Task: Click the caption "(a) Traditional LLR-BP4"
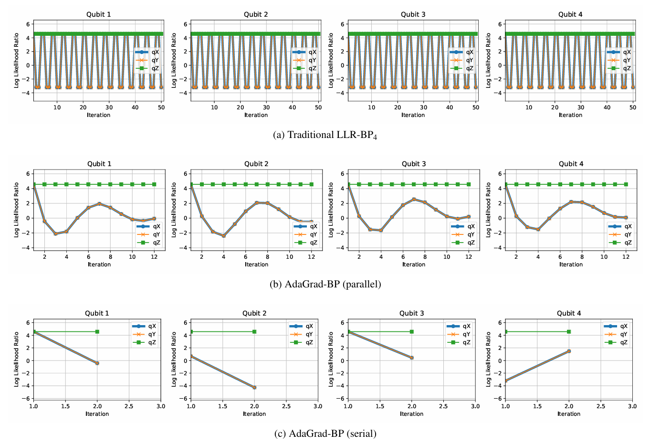tap(325, 135)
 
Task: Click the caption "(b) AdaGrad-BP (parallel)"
tap(325, 285)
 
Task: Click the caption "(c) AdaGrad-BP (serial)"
tap(325, 434)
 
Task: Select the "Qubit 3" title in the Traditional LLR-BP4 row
tap(413, 14)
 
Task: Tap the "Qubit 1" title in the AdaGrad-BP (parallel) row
tap(99, 164)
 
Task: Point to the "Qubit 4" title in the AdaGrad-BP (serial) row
tap(569, 313)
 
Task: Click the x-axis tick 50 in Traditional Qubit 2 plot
tap(318, 107)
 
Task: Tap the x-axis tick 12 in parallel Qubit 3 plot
tap(469, 257)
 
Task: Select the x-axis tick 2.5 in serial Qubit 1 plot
tap(129, 406)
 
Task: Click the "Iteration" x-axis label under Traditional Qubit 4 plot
tap(570, 115)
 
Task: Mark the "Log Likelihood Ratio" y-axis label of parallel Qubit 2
tap(174, 210)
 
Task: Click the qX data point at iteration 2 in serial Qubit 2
tap(254, 387)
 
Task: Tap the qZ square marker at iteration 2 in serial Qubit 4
tap(568, 331)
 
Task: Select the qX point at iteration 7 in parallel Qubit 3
tap(414, 199)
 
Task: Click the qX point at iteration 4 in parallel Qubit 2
tap(223, 236)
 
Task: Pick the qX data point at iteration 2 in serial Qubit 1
tap(97, 363)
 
